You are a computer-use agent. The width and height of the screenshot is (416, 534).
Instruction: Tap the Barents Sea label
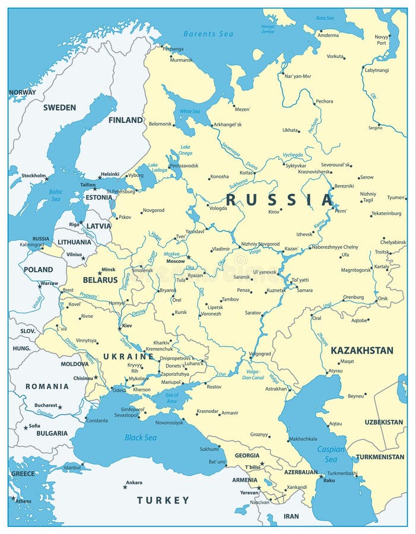[x=208, y=34]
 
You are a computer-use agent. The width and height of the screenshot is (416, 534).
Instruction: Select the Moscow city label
[x=175, y=261]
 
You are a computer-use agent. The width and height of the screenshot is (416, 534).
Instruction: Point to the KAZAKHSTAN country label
[x=362, y=350]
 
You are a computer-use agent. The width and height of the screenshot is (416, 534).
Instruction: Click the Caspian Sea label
[x=331, y=454]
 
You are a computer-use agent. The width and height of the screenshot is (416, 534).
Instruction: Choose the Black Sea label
[x=141, y=437]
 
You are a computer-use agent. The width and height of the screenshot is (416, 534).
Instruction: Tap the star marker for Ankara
[x=125, y=487]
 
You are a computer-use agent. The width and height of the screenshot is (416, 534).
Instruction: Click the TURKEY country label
[x=163, y=500]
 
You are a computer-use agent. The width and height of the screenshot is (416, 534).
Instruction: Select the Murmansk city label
[x=182, y=60]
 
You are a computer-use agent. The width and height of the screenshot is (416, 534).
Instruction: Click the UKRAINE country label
[x=129, y=356]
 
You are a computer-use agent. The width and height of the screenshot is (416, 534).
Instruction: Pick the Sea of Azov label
[x=172, y=398]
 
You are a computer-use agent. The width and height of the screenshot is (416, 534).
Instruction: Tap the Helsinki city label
[x=110, y=174]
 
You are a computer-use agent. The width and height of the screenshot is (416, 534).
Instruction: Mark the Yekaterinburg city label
[x=386, y=213]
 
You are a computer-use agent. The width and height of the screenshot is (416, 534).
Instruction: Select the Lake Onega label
[x=185, y=150]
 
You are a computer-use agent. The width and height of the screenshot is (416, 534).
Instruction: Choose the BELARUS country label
[x=100, y=279]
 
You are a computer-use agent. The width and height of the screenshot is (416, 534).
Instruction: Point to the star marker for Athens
[x=13, y=498]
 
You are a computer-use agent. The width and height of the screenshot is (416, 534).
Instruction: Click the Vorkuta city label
[x=335, y=56]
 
